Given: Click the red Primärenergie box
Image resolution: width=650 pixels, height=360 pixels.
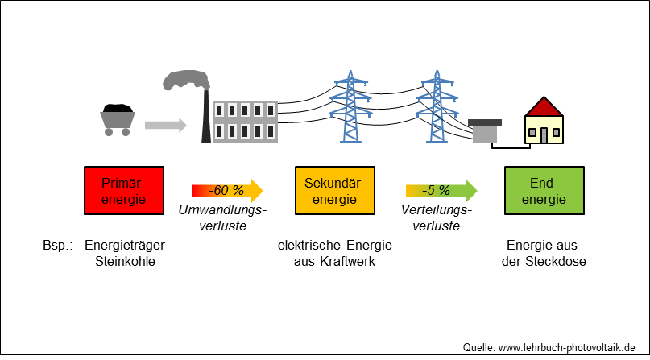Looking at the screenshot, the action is pos(124,191).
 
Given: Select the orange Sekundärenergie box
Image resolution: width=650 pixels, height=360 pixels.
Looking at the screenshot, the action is pos(335,191).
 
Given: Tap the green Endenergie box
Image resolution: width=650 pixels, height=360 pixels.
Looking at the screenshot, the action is pos(544,191).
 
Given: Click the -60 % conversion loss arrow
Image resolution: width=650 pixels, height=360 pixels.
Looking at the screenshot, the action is pos(227,191).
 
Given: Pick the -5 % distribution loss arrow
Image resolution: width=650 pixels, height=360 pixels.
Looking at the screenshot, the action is pos(441,191).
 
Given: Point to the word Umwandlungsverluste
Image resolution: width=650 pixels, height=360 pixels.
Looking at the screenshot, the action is pos(222,218).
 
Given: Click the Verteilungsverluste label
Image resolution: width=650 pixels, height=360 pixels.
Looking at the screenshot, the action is pos(436,218).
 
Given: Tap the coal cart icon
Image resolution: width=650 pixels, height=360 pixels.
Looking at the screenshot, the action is pos(118,120).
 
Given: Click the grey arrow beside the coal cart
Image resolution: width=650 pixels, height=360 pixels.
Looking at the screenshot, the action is pos(165,125).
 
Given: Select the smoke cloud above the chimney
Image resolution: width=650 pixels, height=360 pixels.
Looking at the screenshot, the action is pos(186,80).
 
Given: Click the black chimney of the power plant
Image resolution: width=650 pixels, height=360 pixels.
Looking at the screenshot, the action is pos(206,116).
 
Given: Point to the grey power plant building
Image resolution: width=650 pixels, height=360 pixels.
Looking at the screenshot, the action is pos(246,122).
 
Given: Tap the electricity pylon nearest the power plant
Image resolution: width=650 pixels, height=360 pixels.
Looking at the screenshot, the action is pos(350,106).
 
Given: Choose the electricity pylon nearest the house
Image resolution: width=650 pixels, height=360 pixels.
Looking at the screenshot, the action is pos(437,106).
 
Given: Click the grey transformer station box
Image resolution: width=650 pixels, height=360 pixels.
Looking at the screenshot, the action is pos(485,131).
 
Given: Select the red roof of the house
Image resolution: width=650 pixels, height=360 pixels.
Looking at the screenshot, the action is pos(544,107).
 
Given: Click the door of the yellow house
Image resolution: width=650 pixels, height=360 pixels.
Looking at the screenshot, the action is pos(544,135).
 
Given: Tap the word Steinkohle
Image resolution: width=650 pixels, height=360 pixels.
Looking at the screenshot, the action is pos(125,262).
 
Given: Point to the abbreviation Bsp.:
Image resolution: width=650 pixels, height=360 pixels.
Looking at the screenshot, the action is pos(58,246).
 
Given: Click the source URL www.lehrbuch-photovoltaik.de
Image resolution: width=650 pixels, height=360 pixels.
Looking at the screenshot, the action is pos(567,347).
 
